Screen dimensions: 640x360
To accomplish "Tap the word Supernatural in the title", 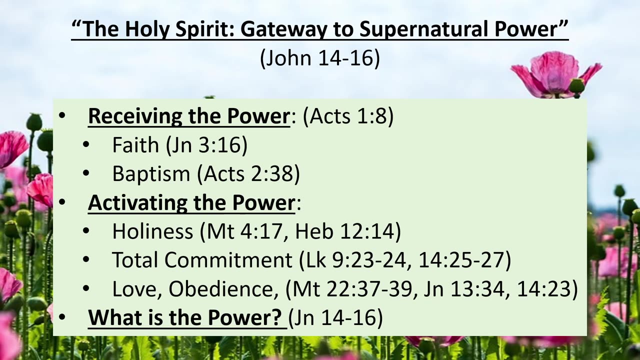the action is pyautogui.click(x=423, y=29).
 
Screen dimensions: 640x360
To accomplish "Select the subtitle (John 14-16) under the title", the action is pyautogui.click(x=320, y=57).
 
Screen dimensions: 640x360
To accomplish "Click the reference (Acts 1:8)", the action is pyautogui.click(x=348, y=116).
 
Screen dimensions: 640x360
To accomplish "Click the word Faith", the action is pyautogui.click(x=135, y=144).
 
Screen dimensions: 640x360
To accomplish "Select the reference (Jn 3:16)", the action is pyautogui.click(x=207, y=145).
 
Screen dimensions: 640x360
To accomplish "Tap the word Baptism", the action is pyautogui.click(x=151, y=173).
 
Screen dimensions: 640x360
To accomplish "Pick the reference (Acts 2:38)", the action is pyautogui.click(x=248, y=174).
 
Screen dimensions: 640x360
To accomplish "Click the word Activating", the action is pyautogui.click(x=137, y=203).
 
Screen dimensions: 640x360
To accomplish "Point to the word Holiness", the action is pyautogui.click(x=153, y=231).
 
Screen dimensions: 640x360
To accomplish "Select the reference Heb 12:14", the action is pyautogui.click(x=345, y=231).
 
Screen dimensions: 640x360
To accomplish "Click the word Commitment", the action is pyautogui.click(x=228, y=259).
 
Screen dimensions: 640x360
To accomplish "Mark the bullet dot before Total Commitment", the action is pyautogui.click(x=86, y=259).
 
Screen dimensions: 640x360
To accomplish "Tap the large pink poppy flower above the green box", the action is pyautogui.click(x=555, y=75).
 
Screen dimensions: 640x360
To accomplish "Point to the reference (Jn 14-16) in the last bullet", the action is pyautogui.click(x=335, y=317).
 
